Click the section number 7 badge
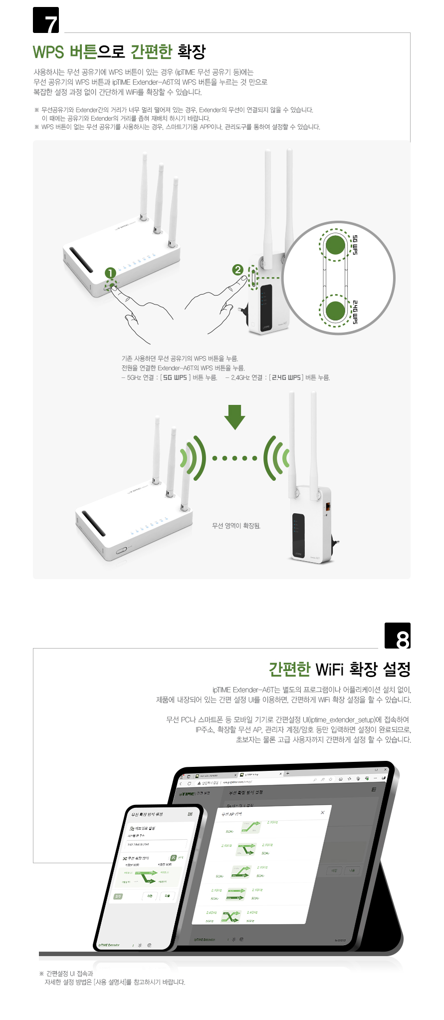pyautogui.click(x=46, y=20)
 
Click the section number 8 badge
pyautogui.click(x=398, y=636)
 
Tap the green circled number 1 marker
pyautogui.click(x=110, y=273)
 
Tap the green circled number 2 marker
pyautogui.click(x=238, y=270)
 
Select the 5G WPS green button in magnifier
pyautogui.click(x=335, y=245)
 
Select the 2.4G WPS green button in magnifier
pyautogui.click(x=335, y=310)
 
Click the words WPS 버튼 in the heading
pyautogui.click(x=65, y=51)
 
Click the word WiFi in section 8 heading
pyautogui.click(x=330, y=669)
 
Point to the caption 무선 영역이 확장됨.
pyautogui.click(x=236, y=526)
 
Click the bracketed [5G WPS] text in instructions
pyautogui.click(x=175, y=377)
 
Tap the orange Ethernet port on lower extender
pyautogui.click(x=328, y=507)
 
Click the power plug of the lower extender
pyautogui.click(x=335, y=541)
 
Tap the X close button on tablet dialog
pyautogui.click(x=322, y=812)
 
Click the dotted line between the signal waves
pyautogui.click(x=234, y=458)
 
